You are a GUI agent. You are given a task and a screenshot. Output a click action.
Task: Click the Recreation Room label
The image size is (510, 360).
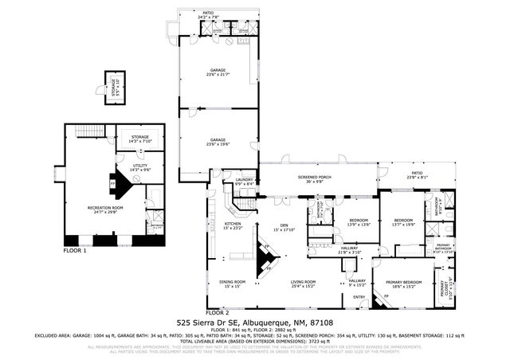[x=105, y=209]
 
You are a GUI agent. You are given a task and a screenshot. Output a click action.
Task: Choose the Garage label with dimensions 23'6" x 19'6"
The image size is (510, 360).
[x=212, y=143]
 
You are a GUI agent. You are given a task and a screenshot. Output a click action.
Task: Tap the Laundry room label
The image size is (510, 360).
[x=244, y=182]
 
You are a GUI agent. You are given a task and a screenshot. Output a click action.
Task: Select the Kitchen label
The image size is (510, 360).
[x=233, y=226]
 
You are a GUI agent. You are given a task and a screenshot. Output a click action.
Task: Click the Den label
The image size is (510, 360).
[x=284, y=227]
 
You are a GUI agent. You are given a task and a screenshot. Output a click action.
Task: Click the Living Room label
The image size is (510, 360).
[x=303, y=283]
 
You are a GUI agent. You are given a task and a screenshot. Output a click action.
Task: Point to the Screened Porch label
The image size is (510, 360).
[x=318, y=179]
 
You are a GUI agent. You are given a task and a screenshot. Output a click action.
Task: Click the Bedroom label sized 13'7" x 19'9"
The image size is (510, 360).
[x=402, y=222]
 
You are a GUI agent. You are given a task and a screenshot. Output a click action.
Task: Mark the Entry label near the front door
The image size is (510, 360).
[x=359, y=298]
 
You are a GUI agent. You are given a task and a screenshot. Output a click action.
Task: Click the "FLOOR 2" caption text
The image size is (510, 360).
[x=217, y=313]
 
